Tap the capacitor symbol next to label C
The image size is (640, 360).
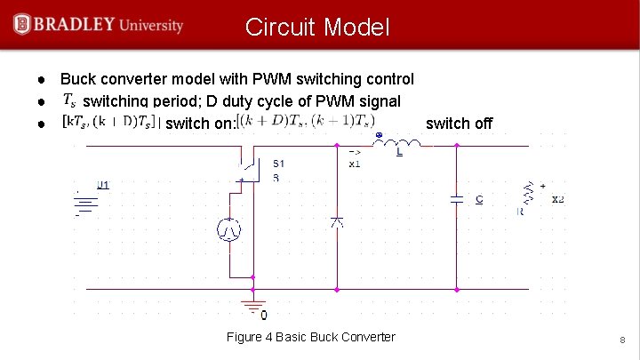457,200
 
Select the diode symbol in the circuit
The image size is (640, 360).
337,221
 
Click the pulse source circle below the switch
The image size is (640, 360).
229,230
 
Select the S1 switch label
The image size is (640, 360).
279,164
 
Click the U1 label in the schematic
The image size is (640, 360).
102,185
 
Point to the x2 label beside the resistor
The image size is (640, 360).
557,199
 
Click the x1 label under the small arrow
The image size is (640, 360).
355,164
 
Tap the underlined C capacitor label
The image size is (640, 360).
479,200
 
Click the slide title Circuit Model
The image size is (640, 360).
317,28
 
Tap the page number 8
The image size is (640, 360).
623,340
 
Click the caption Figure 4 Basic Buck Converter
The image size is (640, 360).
311,337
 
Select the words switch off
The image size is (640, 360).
459,124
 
